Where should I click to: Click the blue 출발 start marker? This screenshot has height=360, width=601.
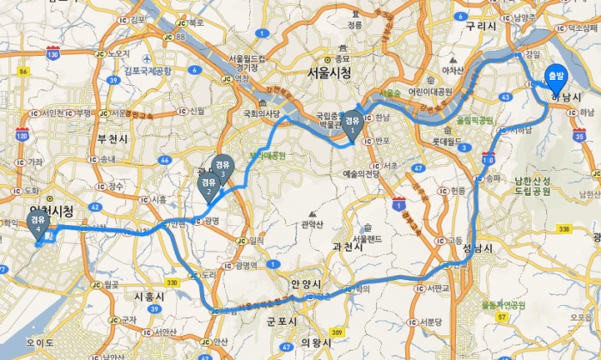click(x=555, y=79)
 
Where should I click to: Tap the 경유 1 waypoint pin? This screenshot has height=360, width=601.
click(x=352, y=126)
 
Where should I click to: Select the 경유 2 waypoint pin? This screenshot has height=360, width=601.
click(x=208, y=186)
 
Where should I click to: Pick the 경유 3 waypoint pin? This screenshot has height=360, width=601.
click(x=222, y=168)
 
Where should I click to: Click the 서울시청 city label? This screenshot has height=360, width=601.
click(x=323, y=74)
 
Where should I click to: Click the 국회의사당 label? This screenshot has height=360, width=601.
click(x=263, y=113)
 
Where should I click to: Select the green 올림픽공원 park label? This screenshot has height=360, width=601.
click(x=475, y=121)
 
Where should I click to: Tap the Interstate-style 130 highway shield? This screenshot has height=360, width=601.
click(x=53, y=54)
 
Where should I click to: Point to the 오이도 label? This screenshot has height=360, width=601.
click(x=39, y=342)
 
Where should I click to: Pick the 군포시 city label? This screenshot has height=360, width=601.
click(x=282, y=321)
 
